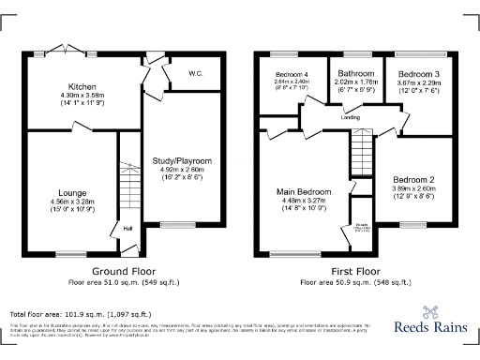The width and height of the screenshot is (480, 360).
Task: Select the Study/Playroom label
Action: [x=182, y=161]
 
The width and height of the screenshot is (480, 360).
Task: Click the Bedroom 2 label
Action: [x=413, y=179]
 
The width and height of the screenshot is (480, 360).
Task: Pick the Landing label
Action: [x=352, y=116]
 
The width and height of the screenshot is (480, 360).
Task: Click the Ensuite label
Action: [x=360, y=225]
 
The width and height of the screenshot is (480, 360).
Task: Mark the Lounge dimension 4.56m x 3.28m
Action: [x=73, y=199]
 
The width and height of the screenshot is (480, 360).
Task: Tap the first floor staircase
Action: [x=361, y=150]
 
